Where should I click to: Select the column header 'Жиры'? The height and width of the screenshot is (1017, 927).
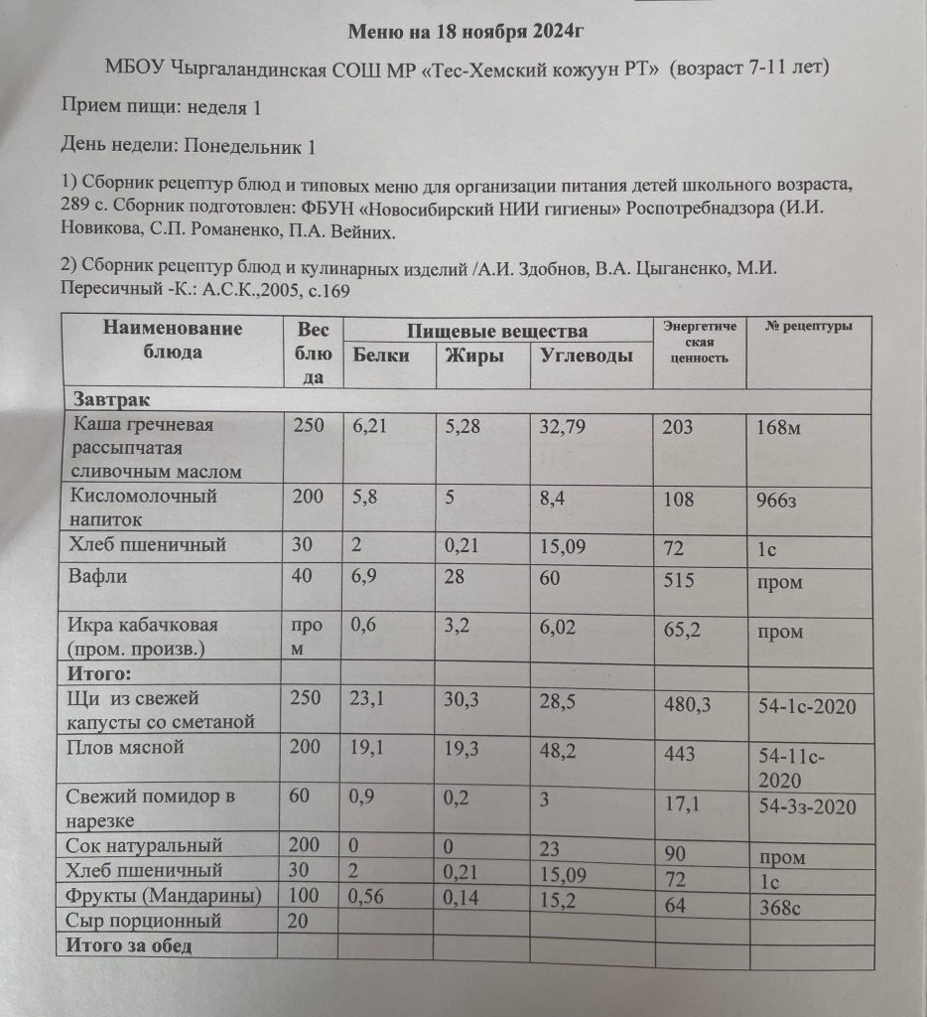(473, 356)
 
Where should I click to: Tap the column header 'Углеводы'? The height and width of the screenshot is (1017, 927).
(587, 356)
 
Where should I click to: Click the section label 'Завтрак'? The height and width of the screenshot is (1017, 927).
(112, 399)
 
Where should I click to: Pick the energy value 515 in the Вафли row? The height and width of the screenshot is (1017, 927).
(679, 581)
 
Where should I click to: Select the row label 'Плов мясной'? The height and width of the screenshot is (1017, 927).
(125, 747)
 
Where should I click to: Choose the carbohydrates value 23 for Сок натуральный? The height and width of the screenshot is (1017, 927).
(551, 846)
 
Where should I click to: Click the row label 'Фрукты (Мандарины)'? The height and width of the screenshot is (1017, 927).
(164, 896)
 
